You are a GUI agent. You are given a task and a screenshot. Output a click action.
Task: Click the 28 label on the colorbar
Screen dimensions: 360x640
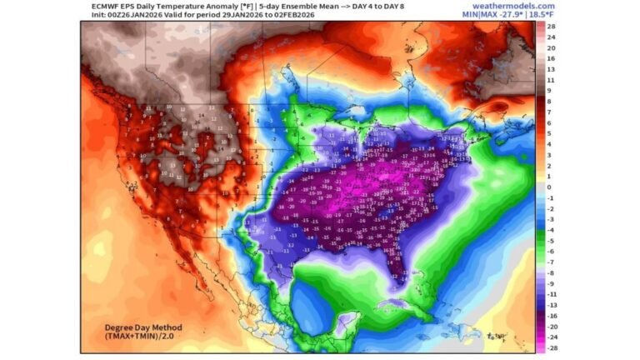(x=551, y=27)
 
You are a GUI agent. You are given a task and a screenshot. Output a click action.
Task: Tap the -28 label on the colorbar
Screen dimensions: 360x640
(x=551, y=348)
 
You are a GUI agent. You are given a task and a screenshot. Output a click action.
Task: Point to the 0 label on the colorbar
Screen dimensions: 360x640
(x=549, y=187)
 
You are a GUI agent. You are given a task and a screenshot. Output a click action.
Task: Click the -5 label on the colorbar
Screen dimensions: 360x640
(x=551, y=241)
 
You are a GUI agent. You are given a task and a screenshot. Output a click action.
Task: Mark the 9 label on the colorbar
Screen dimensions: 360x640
(x=549, y=91)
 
